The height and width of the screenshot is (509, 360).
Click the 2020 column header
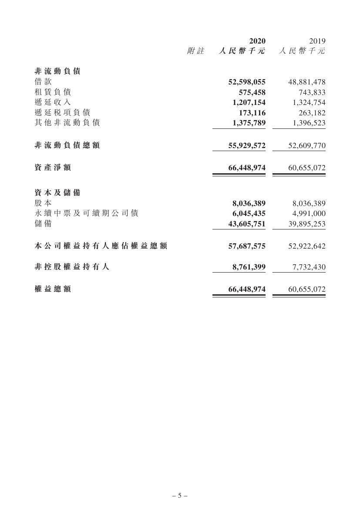tap(257, 41)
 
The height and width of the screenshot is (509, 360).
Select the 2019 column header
tap(317, 41)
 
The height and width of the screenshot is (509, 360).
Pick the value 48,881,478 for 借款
tap(307, 82)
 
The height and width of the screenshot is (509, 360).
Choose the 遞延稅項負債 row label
tap(62, 112)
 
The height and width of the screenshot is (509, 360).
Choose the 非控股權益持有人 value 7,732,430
tap(309, 267)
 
